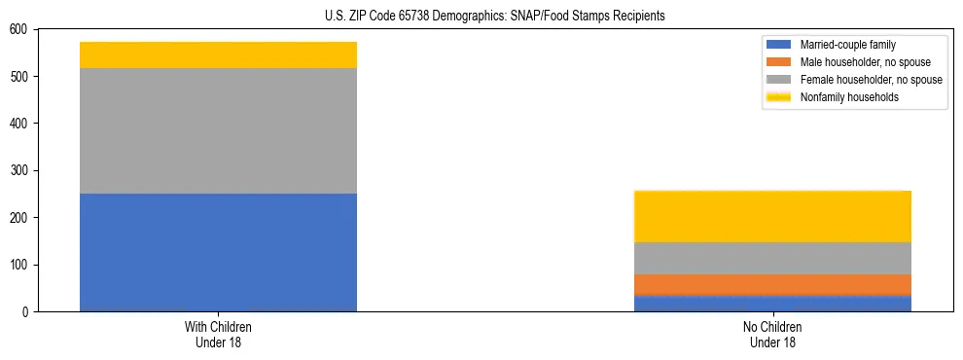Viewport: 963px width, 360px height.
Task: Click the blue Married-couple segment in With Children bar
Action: (x=218, y=252)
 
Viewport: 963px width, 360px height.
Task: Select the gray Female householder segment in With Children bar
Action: (x=218, y=130)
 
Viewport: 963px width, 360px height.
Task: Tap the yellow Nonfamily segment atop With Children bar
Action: (x=218, y=55)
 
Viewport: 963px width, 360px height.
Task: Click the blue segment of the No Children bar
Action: (x=772, y=303)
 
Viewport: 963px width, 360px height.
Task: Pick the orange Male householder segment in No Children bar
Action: (x=772, y=284)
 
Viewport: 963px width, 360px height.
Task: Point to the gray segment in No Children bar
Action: (x=772, y=258)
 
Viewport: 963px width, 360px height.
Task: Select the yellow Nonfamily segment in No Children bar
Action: (x=772, y=216)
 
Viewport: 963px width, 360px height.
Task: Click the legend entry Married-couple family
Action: (x=847, y=45)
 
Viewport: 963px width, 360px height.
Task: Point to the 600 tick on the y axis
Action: (x=19, y=29)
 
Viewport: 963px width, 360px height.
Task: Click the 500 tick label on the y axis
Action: (x=19, y=77)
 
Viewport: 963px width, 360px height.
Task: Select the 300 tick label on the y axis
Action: (x=19, y=171)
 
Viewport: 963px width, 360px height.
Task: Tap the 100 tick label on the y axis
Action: (x=19, y=266)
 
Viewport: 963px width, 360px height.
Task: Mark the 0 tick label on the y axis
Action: (x=25, y=312)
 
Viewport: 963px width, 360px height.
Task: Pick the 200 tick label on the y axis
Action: (x=19, y=218)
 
